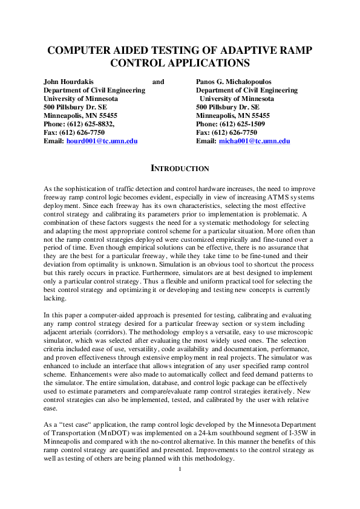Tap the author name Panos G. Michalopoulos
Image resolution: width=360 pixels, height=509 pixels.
click(234, 82)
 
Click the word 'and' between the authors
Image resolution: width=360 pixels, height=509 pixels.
click(158, 82)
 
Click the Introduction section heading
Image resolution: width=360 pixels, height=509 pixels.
click(180, 169)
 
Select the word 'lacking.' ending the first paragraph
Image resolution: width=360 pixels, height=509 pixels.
click(56, 299)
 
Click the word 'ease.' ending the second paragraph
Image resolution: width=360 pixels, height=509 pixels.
click(52, 409)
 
